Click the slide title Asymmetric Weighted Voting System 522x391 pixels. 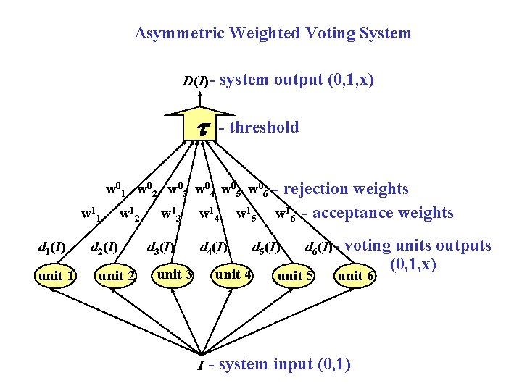coord(273,33)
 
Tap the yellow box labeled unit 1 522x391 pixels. coord(57,275)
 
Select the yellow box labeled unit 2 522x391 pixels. coord(117,276)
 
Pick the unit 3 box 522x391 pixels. coord(175,274)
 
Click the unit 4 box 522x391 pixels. coord(233,274)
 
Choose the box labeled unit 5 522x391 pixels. coord(296,275)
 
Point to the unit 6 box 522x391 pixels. coord(355,276)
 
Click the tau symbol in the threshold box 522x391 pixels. coord(204,127)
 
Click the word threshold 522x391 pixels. coord(263,127)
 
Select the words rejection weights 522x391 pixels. coord(346,189)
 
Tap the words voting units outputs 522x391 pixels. coord(418,246)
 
